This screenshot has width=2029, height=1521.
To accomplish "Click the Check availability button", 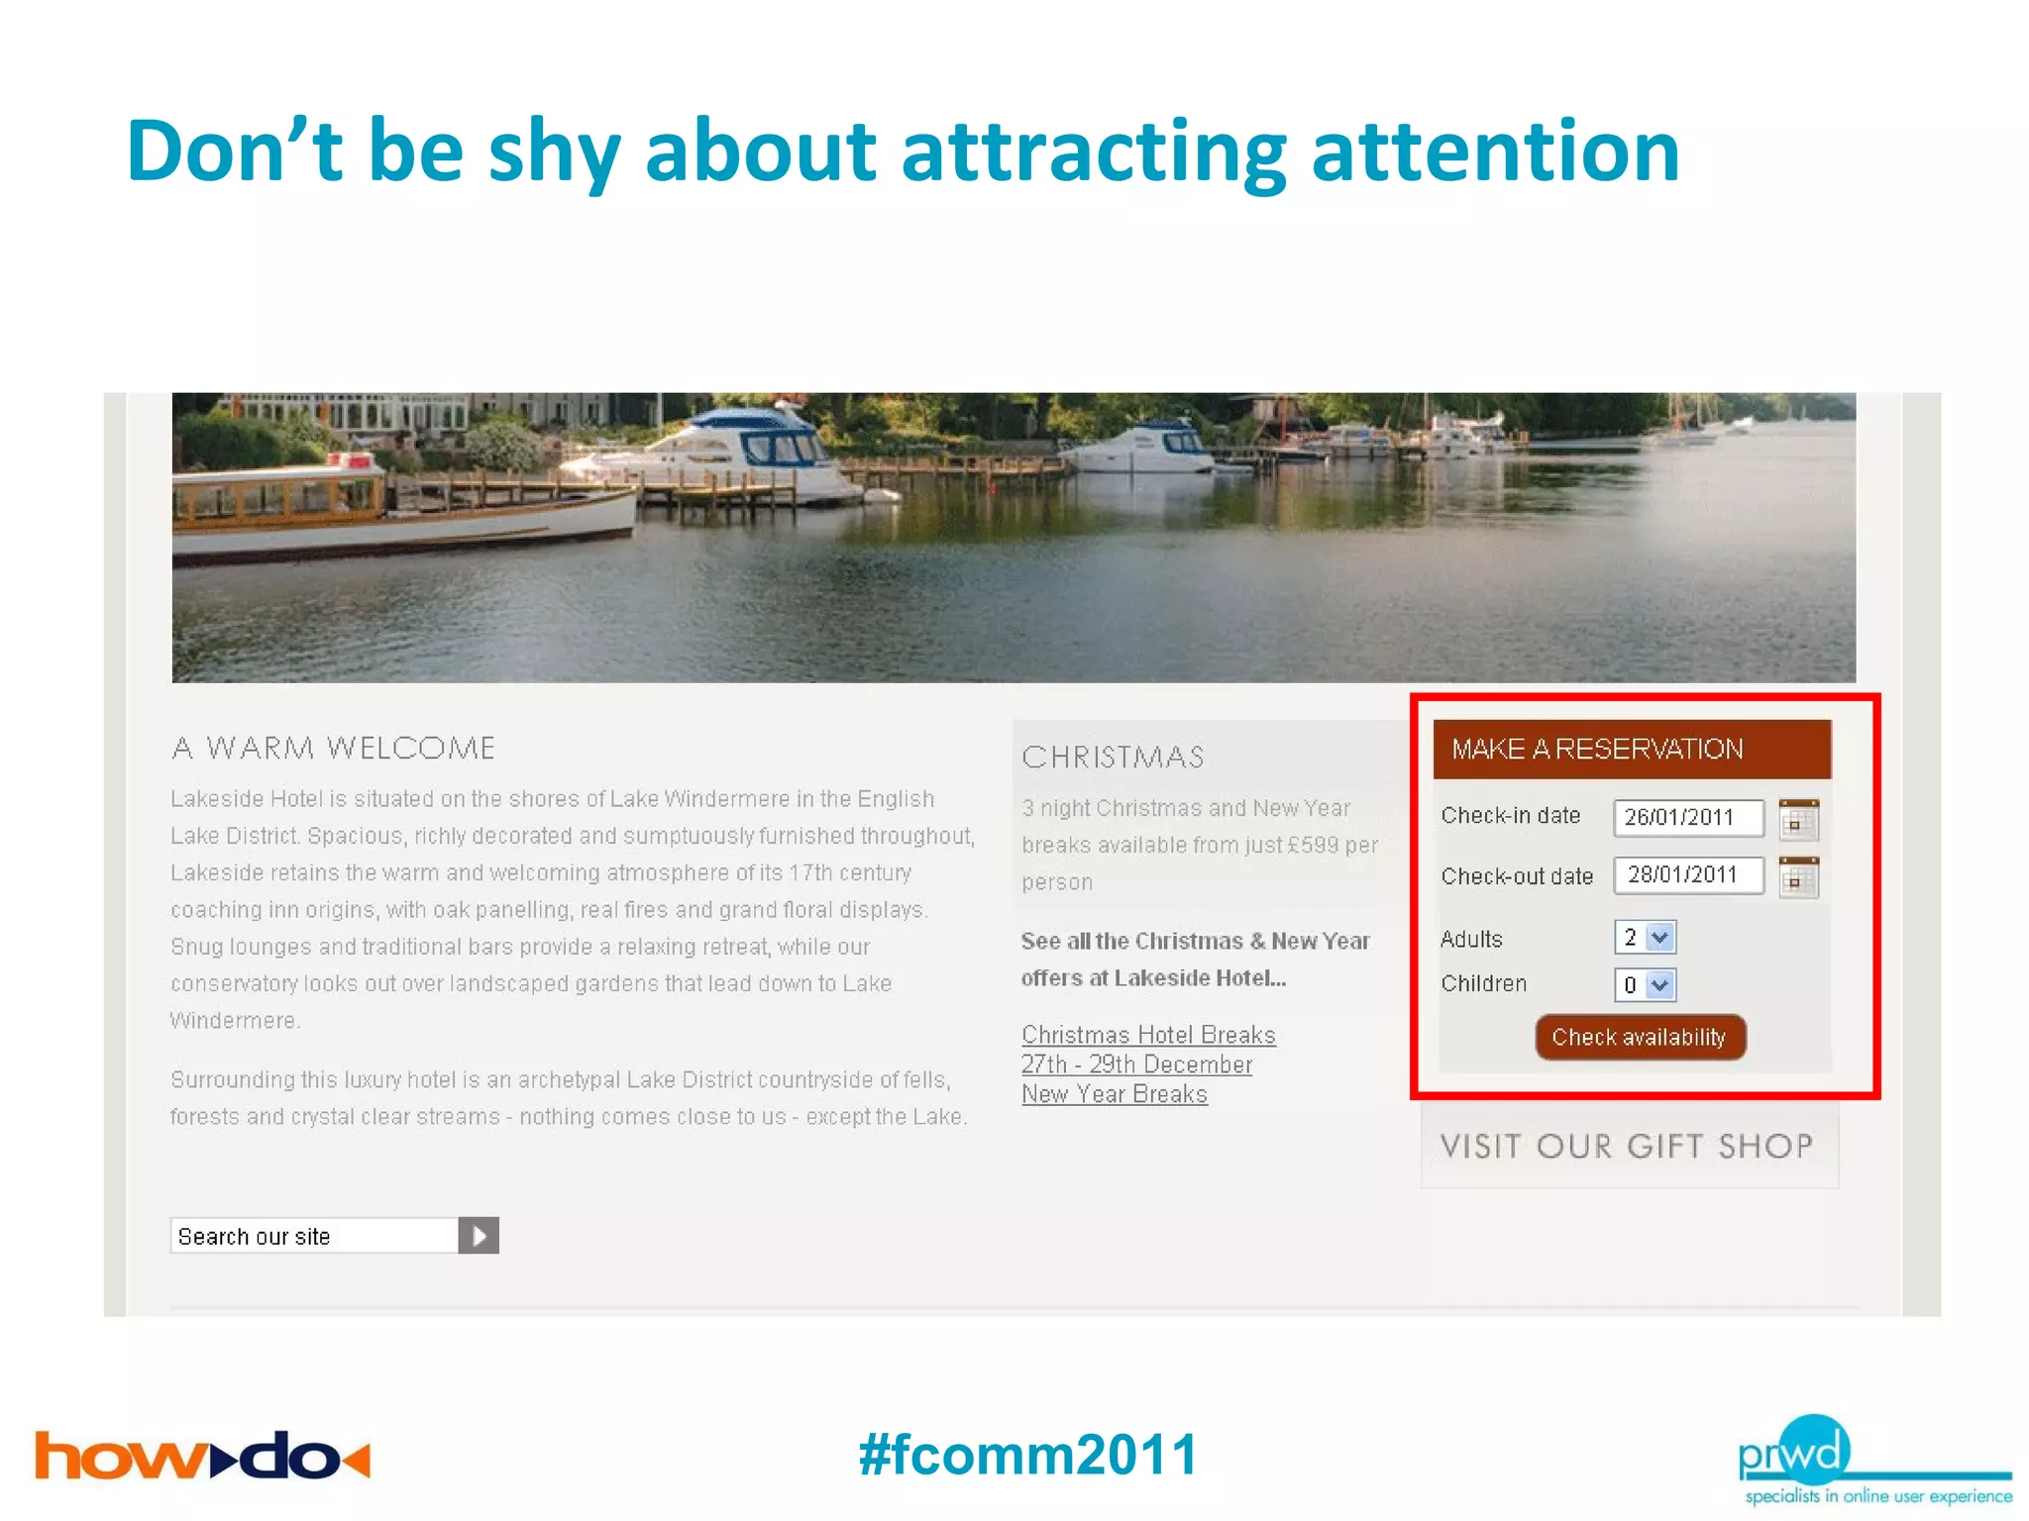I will (x=1640, y=1037).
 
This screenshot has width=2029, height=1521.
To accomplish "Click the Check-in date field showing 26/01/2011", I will (x=1688, y=817).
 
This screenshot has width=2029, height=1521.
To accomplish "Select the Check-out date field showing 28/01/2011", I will (x=1688, y=875).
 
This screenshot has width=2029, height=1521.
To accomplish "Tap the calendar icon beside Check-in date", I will (x=1798, y=819).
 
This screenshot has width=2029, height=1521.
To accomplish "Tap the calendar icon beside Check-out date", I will (x=1798, y=877).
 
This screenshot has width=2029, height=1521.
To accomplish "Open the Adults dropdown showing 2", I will (x=1645, y=937).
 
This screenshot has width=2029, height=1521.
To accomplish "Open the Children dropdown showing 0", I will (x=1645, y=984).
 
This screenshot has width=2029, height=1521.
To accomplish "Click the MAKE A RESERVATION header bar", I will (x=1631, y=749).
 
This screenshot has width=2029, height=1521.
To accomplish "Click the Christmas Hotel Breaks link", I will (x=1148, y=1035).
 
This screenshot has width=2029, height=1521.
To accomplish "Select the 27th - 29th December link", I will (x=1136, y=1065).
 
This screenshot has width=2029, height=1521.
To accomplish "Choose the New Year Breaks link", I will (x=1115, y=1094).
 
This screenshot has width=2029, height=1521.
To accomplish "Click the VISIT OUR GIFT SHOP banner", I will (x=1628, y=1146).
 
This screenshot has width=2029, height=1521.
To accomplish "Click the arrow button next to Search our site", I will (x=479, y=1236).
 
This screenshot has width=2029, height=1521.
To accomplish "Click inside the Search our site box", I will (x=313, y=1236).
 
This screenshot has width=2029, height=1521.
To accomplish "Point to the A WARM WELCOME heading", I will (x=333, y=748).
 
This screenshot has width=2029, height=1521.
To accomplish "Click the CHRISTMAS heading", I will (x=1113, y=758).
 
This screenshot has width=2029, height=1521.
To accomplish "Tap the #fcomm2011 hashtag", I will (x=1028, y=1454).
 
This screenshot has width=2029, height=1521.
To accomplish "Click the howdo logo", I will (x=202, y=1456).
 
